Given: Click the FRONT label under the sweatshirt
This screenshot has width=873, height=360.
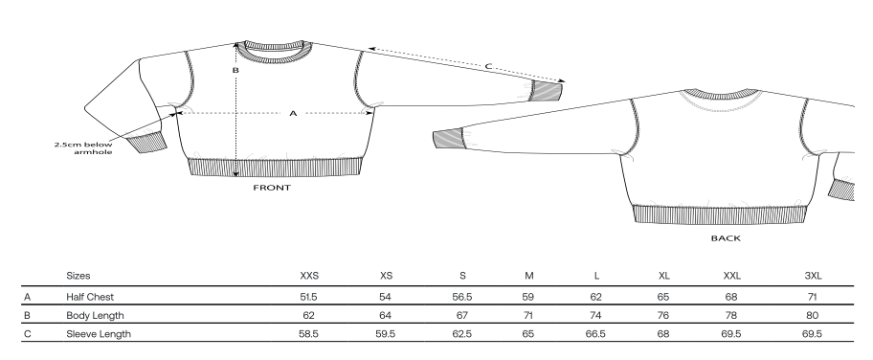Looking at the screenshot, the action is point(272,188).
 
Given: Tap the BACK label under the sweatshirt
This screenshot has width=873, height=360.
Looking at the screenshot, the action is point(726,238).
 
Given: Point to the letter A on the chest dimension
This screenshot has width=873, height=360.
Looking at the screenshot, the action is point(294,114).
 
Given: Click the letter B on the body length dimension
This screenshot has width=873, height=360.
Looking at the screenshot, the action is point(235,70).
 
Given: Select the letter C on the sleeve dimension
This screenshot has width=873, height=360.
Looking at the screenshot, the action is point(488,66).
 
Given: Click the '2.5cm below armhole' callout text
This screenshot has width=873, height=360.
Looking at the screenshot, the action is point(83,148).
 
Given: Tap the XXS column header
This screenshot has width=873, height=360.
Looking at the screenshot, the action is point(309,276).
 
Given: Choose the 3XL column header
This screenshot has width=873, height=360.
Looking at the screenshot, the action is point(813,276).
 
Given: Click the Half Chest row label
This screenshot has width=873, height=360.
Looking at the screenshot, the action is point(90,297).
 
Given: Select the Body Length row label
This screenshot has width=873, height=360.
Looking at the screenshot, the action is point(95,315).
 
